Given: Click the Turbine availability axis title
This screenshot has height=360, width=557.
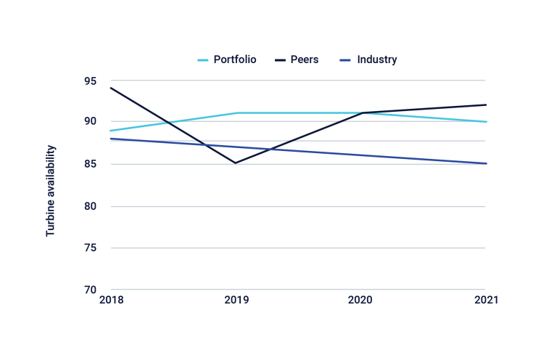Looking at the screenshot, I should (x=51, y=190).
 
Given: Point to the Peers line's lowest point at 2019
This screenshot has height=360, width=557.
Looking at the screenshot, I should (x=236, y=163).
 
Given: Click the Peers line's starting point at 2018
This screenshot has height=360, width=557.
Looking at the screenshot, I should (x=111, y=88).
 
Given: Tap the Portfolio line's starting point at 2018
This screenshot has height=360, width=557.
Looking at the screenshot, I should (x=111, y=131).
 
